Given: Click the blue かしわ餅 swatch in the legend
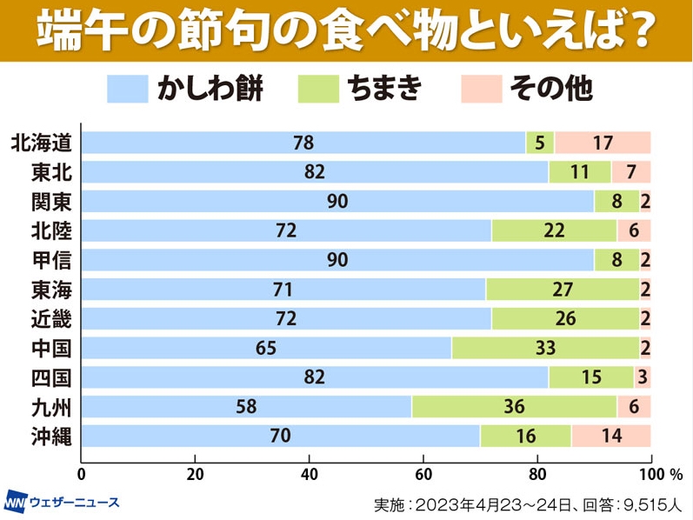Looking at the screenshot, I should click(x=128, y=89).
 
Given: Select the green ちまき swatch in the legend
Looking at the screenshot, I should click(x=318, y=89).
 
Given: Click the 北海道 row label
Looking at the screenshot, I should click(x=42, y=143).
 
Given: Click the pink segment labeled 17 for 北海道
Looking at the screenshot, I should click(x=603, y=143).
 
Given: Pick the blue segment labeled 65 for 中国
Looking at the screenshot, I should click(x=266, y=348).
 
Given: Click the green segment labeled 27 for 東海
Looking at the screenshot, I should click(x=563, y=290).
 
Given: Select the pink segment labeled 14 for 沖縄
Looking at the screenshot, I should click(x=610, y=436).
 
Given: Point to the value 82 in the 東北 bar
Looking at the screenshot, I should click(x=314, y=172).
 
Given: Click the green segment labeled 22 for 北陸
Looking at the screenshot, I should click(x=554, y=230).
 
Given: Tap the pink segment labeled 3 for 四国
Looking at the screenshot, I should click(x=642, y=377).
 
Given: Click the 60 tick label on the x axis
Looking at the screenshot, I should click(x=423, y=475).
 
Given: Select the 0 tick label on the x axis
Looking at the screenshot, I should click(x=82, y=475).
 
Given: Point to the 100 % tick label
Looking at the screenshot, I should click(x=658, y=475).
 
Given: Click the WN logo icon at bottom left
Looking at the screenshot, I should click(x=17, y=503).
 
